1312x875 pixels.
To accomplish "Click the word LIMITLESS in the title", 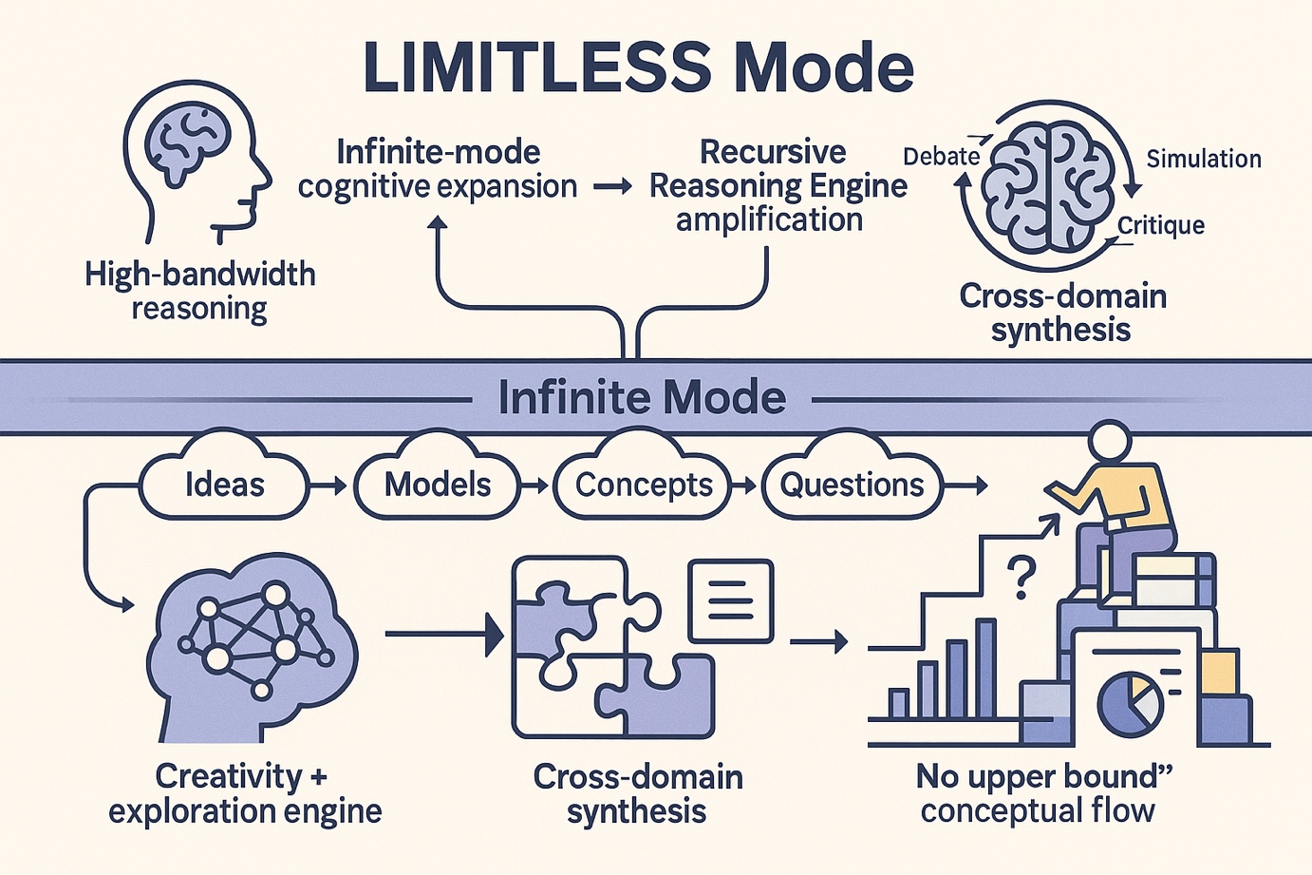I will click(536, 68).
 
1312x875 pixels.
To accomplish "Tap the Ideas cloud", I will click(224, 485).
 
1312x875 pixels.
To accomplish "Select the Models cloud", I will click(438, 485).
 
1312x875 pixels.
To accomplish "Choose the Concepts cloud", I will click(644, 485).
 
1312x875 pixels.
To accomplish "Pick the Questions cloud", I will click(852, 485).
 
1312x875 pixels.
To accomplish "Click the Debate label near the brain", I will click(941, 157).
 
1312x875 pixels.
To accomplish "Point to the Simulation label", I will click(1203, 159).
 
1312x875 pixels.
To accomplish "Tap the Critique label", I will click(1160, 225).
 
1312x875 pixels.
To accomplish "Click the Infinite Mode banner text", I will click(642, 397).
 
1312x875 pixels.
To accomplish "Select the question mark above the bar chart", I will click(1021, 578).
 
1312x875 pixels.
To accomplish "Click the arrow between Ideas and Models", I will click(328, 485).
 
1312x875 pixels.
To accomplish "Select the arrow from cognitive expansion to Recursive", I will click(612, 187).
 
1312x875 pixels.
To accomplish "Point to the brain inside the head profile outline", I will click(189, 143).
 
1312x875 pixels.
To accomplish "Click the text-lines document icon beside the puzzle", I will click(730, 601).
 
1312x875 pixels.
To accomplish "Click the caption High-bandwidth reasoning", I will click(199, 291).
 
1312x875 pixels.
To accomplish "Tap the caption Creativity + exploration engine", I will click(244, 793).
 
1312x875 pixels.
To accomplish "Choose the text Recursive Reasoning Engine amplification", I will click(776, 186).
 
